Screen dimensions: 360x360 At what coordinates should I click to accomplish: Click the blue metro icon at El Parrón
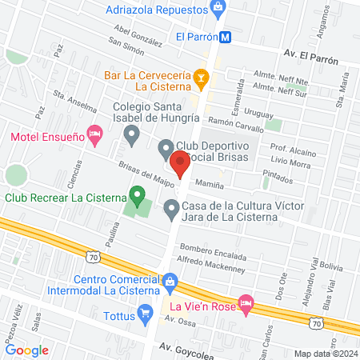(226, 36)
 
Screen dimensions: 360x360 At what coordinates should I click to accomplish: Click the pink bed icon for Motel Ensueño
(94, 137)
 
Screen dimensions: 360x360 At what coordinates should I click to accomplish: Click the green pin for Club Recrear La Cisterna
(138, 195)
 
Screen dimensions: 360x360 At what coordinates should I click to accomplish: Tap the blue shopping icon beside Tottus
(144, 311)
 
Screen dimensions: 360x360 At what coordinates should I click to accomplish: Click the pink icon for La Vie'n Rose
(246, 305)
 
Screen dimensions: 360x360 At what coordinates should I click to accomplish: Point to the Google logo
(27, 350)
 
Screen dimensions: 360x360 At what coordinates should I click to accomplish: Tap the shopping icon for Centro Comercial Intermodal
(170, 281)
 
